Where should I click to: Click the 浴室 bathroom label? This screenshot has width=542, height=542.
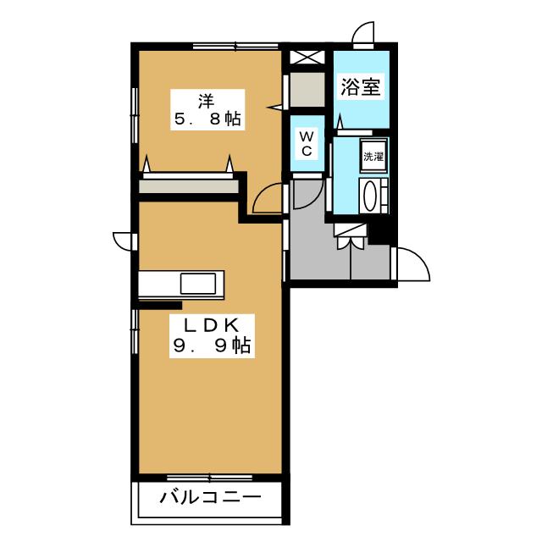(x=361, y=86)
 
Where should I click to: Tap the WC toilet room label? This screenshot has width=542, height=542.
(x=307, y=143)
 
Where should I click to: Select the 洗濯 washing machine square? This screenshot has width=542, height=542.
(x=373, y=156)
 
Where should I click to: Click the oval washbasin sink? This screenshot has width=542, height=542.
(x=370, y=196)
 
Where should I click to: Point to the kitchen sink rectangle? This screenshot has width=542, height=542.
(x=198, y=284)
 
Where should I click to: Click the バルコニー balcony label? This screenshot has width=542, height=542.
(x=210, y=497)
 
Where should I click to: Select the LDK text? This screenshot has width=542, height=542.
(x=211, y=325)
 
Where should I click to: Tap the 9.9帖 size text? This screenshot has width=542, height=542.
(x=212, y=345)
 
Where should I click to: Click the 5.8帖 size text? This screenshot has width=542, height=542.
(x=207, y=119)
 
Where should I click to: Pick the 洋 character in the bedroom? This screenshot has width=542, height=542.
(x=207, y=101)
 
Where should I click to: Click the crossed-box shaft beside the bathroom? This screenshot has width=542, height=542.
(x=307, y=57)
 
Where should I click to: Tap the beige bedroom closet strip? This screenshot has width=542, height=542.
(x=189, y=186)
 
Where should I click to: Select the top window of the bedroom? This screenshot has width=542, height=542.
(x=235, y=46)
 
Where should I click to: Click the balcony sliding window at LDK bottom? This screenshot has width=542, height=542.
(x=209, y=478)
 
